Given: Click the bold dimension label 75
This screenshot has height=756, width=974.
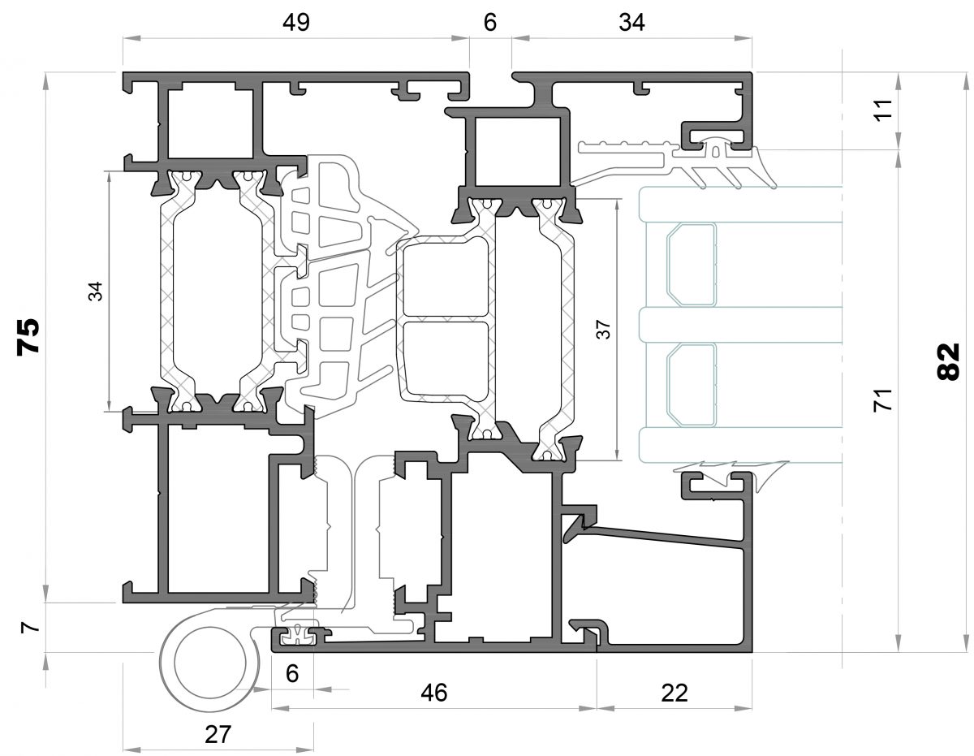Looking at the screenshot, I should [29, 337].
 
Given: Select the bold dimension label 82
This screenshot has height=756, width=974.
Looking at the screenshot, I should [948, 361].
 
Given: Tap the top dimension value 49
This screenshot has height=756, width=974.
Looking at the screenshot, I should [296, 23].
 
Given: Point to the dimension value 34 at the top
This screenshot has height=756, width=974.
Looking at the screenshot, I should [631, 23].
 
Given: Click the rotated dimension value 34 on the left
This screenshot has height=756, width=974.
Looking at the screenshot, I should [96, 291].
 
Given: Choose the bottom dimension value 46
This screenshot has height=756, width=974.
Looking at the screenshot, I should [434, 693].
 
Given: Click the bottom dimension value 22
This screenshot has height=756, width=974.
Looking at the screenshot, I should [674, 693].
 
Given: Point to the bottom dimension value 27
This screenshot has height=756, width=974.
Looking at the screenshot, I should [218, 735].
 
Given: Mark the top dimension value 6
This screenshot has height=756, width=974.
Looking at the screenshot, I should [489, 23].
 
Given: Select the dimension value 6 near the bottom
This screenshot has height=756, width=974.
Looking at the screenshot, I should [292, 672].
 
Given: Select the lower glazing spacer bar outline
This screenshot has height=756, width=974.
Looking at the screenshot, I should [692, 383].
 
